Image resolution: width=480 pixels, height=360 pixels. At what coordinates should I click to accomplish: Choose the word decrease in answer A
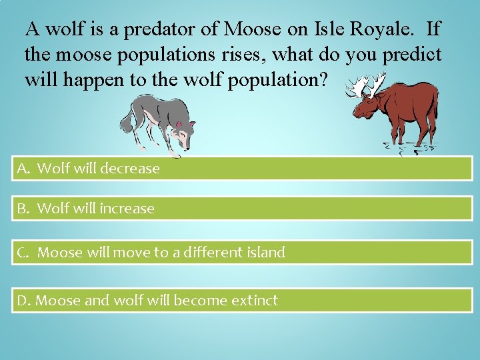pos(131,169)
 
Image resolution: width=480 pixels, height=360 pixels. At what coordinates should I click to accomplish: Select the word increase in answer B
pos(127,209)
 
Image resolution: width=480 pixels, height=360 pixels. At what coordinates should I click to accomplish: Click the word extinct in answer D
pos(254,301)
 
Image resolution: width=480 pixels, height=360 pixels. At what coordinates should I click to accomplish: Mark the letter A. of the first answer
pos(24,169)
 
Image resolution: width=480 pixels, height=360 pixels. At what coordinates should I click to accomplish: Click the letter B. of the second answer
pos(24,209)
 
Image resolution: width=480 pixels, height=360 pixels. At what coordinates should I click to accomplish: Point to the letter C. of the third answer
pos(24,253)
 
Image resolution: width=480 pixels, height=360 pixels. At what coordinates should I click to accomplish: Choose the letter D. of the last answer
pos(24,301)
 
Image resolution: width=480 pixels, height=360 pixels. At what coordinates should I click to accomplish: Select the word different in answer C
pos(205,253)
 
